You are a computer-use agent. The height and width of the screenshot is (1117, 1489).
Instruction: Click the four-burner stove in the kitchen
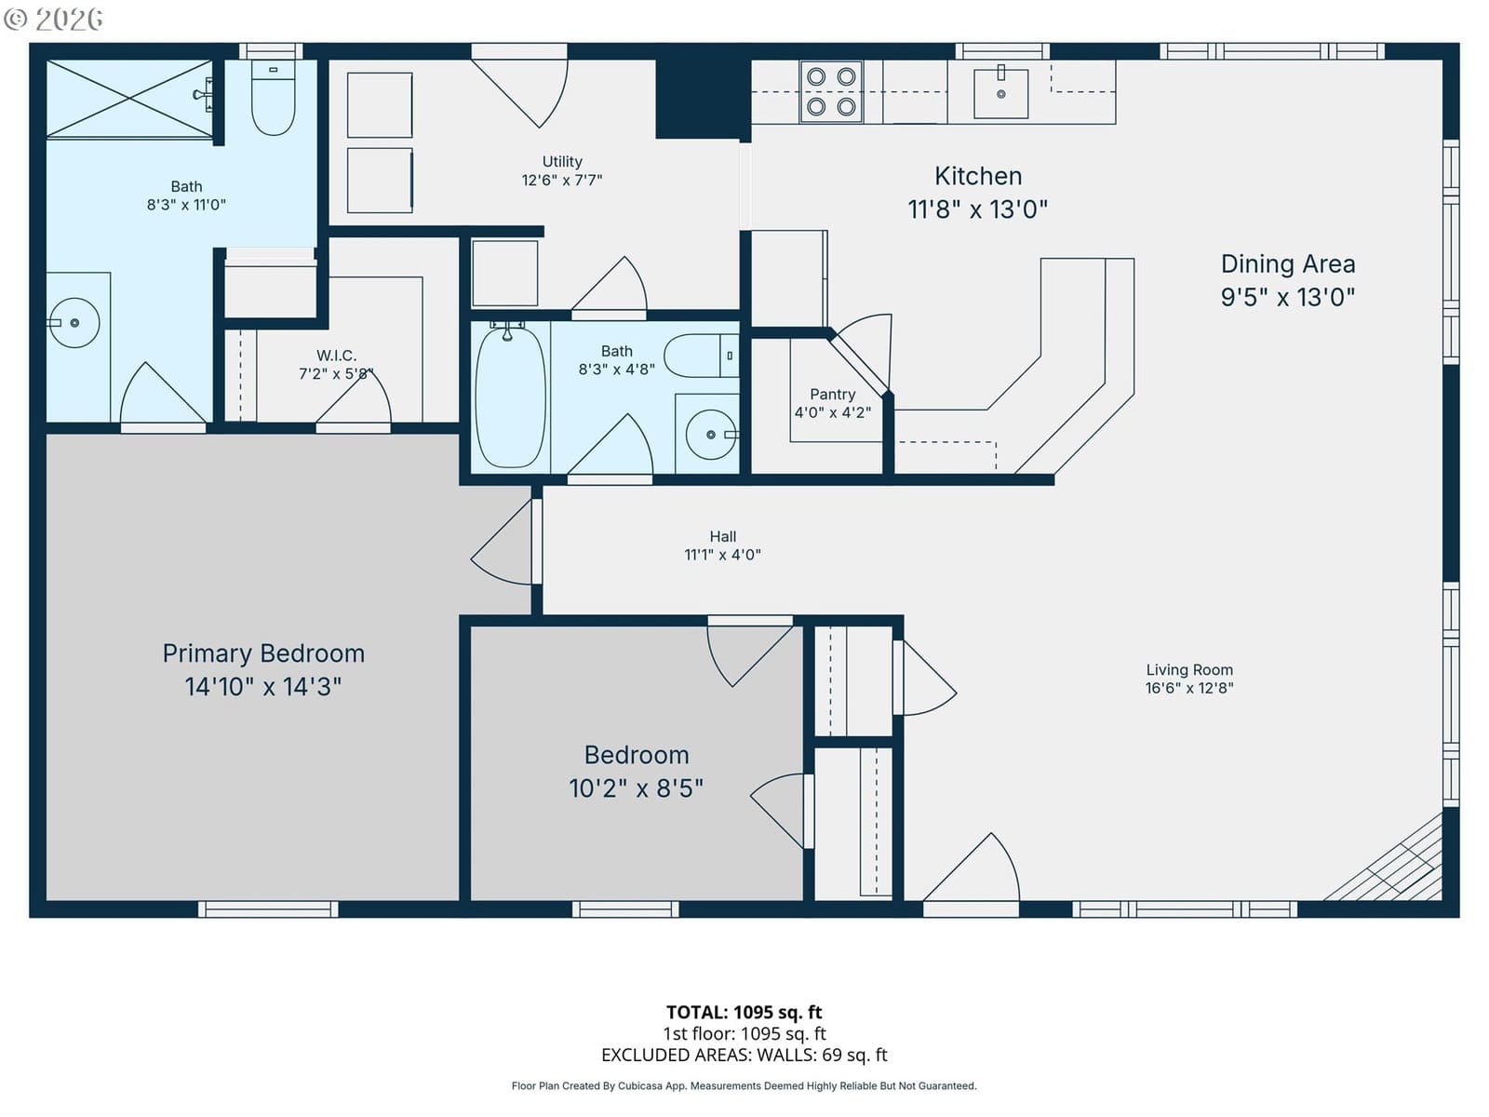pos(830,91)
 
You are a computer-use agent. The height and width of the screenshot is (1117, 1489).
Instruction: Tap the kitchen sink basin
pos(1000,94)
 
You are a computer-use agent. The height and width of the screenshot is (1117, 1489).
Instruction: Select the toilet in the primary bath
pos(274,98)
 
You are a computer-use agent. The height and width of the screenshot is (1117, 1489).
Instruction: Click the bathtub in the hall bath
pos(510,397)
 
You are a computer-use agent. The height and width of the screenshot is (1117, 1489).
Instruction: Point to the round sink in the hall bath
pos(710,434)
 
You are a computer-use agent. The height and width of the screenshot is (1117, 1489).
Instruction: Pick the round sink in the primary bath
pos(74,323)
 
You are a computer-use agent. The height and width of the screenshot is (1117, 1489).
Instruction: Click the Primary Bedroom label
pos(263,653)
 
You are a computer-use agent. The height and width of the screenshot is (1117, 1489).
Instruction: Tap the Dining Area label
pos(1288,263)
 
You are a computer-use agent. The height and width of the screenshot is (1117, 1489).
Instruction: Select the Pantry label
pos(832,394)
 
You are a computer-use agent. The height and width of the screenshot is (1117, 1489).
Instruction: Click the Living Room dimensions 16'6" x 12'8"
pos(1189,688)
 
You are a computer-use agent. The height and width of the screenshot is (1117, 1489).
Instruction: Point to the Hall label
pos(722,536)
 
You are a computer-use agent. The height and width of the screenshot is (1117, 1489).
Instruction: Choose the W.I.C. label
pos(337,356)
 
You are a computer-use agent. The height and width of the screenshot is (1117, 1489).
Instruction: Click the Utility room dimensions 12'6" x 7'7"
pos(562,180)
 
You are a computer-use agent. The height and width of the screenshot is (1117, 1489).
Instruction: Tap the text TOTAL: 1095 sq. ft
pos(744,1013)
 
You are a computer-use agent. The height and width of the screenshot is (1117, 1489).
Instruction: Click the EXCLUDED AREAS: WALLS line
pos(744,1055)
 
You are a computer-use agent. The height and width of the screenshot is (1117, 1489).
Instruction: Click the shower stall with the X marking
pos(128,99)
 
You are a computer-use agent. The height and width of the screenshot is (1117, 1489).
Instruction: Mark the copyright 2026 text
pos(53,19)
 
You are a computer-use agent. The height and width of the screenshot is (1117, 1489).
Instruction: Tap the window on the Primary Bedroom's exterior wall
pos(268,908)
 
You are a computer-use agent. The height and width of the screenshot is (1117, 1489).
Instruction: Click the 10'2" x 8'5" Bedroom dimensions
pos(637,788)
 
